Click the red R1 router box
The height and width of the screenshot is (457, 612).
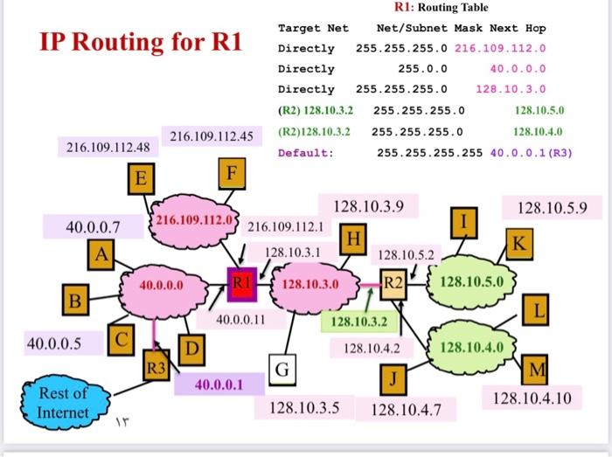241,283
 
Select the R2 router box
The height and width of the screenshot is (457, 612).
394,283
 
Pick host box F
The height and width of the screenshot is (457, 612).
230,171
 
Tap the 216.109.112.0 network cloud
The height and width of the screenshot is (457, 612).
193,218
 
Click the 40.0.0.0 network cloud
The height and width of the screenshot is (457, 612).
162,285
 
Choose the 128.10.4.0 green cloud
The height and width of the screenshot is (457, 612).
472,347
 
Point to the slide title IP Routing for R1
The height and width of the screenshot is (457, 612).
140,42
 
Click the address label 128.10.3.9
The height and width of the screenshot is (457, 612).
368,207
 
